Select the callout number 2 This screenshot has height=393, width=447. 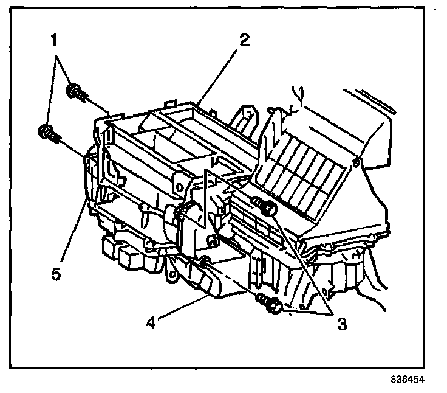coord(243,41)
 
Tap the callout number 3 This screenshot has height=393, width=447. coord(342,324)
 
